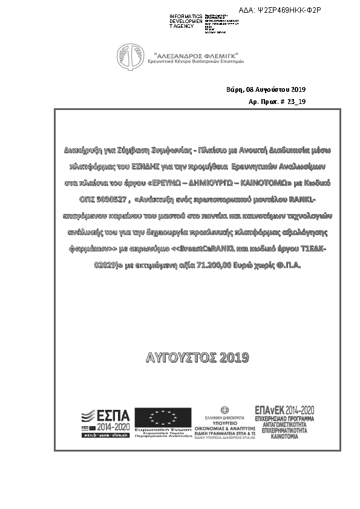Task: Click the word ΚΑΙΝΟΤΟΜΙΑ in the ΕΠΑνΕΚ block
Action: [285, 435]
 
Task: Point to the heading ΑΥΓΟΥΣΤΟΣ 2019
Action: [197, 358]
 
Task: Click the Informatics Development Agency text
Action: [186, 21]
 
